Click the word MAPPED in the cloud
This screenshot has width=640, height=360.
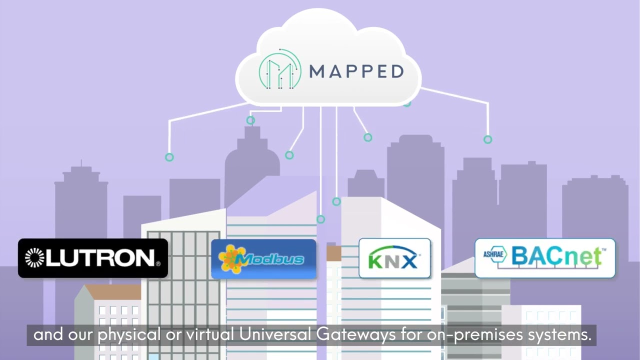click(356, 71)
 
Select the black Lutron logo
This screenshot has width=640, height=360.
click(93, 258)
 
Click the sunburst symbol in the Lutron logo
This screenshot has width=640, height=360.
click(35, 257)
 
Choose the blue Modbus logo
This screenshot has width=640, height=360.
click(263, 259)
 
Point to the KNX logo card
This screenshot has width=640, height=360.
click(394, 258)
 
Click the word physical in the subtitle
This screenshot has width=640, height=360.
click(126, 335)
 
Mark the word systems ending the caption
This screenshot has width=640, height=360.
click(559, 335)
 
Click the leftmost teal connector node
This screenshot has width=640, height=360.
click(169, 157)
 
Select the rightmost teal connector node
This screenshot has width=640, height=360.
click(487, 139)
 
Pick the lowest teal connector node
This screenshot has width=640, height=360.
click(321, 219)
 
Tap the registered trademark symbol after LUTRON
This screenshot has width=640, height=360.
click(158, 264)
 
